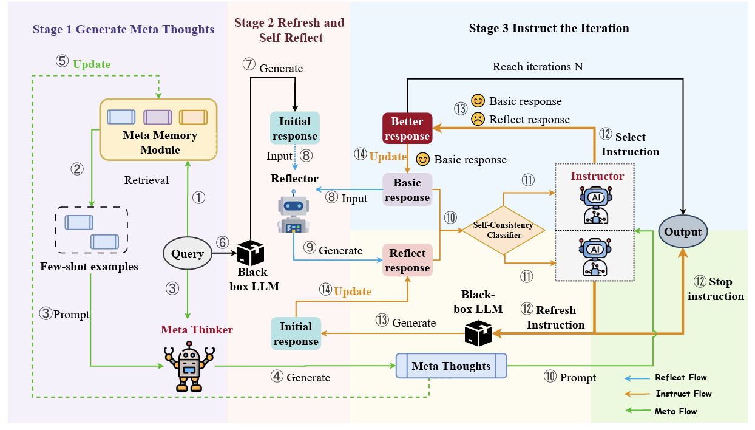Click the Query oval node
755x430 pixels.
188,253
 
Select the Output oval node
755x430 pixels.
683,232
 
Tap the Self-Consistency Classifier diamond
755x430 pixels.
504,230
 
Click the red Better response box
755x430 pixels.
407,129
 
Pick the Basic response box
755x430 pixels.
407,189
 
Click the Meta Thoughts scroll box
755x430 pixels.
451,366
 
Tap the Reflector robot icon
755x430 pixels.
294,214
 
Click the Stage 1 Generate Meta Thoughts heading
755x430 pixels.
123,29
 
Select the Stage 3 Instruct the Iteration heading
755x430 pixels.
549,29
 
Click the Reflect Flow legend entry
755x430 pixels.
680,377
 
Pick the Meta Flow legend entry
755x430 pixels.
675,411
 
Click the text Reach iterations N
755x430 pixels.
537,66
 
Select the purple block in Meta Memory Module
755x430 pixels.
157,116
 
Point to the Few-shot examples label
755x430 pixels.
89,267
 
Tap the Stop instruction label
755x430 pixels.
716,289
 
